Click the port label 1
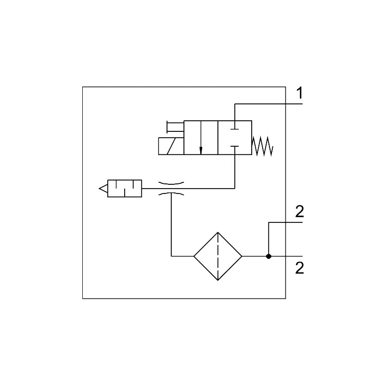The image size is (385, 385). click(299, 93)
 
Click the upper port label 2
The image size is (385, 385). click(299, 211)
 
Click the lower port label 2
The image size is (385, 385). click(299, 268)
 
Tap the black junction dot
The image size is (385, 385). click(269, 257)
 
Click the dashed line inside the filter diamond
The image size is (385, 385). click(218, 257)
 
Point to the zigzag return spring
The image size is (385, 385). click(262, 146)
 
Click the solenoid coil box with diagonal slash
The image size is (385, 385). click(171, 146)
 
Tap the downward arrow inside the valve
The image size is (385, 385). click(201, 138)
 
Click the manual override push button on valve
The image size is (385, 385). click(175, 127)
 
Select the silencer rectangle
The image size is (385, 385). click(125, 188)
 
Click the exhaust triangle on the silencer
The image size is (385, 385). click(103, 188)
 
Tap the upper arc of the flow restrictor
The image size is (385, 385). click(171, 183)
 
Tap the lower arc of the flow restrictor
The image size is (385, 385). click(171, 194)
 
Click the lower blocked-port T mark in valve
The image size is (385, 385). click(235, 147)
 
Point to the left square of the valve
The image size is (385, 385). click(201, 138)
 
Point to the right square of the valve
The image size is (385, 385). click(235, 138)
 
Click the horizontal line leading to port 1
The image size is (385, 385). click(269, 104)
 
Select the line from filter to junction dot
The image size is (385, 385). click(256, 257)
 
